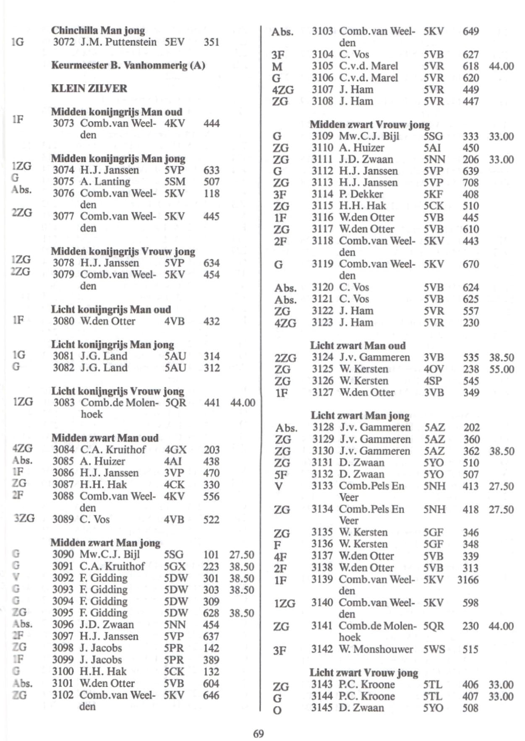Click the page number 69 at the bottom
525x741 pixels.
259,733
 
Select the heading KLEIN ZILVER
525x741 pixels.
89,88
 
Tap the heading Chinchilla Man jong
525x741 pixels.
98,30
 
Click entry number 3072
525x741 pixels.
63,42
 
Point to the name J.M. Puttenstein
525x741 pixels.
119,42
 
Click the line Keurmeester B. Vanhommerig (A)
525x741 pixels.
128,65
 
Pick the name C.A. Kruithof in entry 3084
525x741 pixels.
113,450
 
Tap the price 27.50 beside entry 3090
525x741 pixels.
242,555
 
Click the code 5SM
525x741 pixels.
175,182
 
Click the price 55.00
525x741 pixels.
501,369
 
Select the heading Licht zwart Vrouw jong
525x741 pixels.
364,673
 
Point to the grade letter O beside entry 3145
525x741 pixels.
277,711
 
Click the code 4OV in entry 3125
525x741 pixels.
434,369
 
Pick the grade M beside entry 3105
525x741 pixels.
277,67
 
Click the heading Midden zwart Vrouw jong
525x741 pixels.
370,125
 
